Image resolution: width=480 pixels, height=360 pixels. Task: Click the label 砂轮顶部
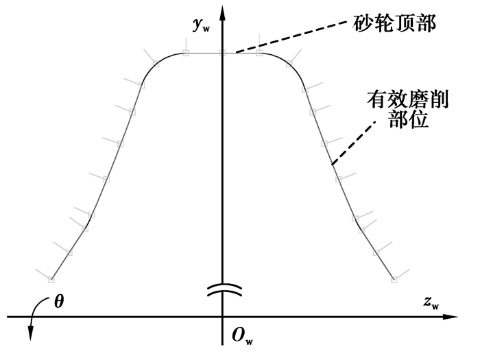point(394,23)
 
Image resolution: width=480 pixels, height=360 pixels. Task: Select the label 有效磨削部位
point(408,108)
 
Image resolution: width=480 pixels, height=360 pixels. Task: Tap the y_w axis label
point(202,25)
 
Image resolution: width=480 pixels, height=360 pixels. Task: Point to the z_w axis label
point(431,303)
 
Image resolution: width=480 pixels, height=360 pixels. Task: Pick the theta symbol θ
point(59,302)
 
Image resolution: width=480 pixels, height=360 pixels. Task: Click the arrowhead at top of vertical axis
point(223,14)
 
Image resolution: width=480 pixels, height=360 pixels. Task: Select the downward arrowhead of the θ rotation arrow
point(31,333)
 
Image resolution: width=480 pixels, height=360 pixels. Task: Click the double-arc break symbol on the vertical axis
point(224,291)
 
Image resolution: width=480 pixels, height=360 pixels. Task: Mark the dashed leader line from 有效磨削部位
point(354,143)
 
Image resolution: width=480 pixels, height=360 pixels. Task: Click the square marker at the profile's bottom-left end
point(51,279)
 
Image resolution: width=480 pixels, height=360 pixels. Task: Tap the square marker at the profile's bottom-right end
point(394,279)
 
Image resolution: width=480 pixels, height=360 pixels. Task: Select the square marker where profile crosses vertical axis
point(223,53)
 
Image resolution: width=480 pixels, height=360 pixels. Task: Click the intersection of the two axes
point(223,317)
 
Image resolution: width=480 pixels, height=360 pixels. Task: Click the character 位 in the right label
point(418,119)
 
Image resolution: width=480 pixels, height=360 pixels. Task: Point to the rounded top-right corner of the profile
point(289,64)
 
